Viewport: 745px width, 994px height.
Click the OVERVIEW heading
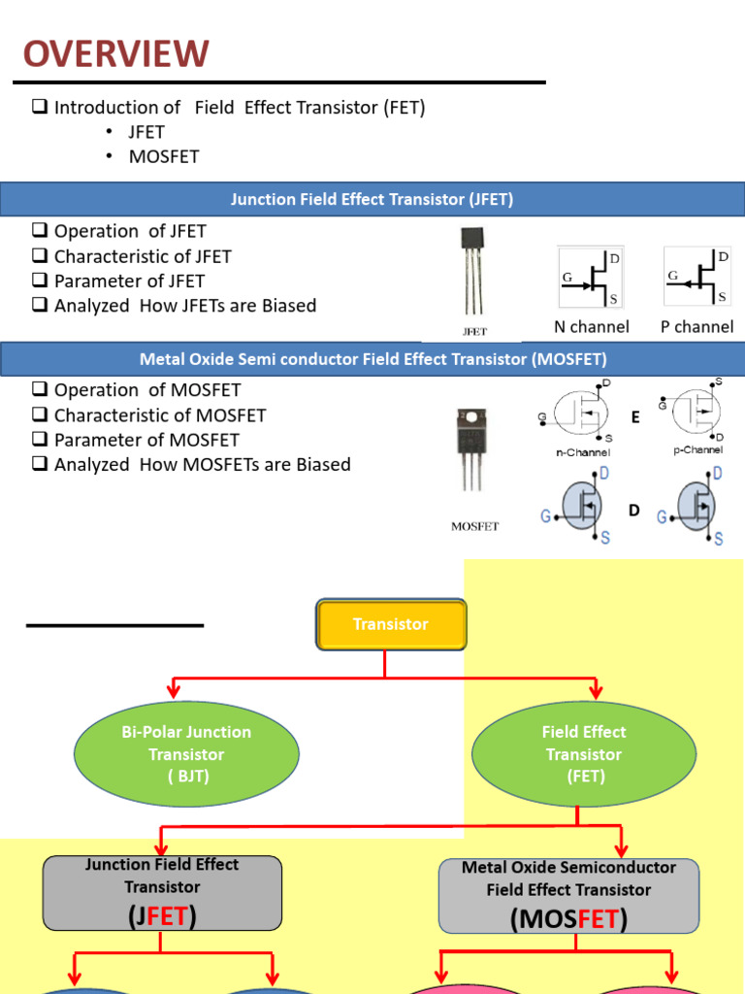pos(116,53)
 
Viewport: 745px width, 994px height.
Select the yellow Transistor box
pos(391,624)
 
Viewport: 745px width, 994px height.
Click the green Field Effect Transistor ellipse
pos(584,754)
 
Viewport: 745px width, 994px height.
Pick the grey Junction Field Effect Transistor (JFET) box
pos(162,892)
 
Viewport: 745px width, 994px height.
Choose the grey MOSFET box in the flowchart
pos(568,895)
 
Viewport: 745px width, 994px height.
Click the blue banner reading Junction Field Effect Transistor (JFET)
pos(372,200)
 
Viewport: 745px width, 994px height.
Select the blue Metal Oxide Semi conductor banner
pos(372,359)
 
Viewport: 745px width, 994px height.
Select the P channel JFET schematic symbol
pos(696,278)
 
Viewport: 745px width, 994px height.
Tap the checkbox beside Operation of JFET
pos(40,231)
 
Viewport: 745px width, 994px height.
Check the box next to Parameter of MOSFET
pos(40,440)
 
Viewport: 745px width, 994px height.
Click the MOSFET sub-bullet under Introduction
pos(163,157)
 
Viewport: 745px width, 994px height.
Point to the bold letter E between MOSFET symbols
pos(635,417)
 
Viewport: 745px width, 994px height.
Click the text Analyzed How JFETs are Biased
pos(184,306)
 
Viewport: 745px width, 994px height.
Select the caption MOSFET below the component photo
pos(474,527)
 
